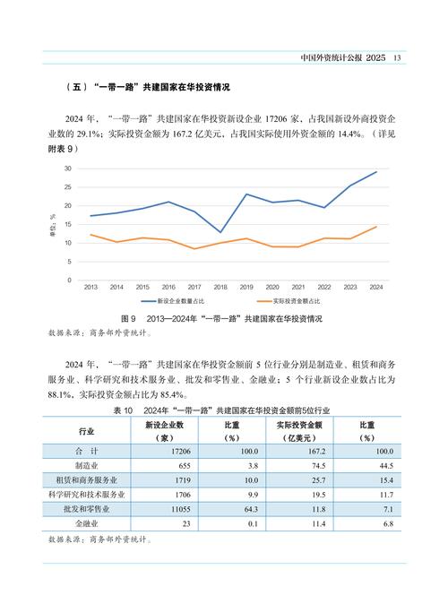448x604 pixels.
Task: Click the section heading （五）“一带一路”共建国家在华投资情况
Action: click(148, 88)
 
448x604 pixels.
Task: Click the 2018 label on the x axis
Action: click(220, 287)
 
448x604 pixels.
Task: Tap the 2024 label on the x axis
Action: click(376, 287)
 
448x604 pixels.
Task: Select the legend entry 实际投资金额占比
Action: click(302, 302)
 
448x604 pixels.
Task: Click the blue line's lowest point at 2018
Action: click(220, 232)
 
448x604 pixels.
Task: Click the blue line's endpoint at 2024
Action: click(376, 171)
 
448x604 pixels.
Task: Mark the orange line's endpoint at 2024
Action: click(376, 227)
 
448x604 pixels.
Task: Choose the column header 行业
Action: click(87, 430)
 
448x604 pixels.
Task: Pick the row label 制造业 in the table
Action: click(87, 466)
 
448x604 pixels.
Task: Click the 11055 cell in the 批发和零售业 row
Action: click(168, 507)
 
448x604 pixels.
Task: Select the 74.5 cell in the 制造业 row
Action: click(311, 466)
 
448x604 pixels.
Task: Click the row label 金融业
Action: click(87, 522)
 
